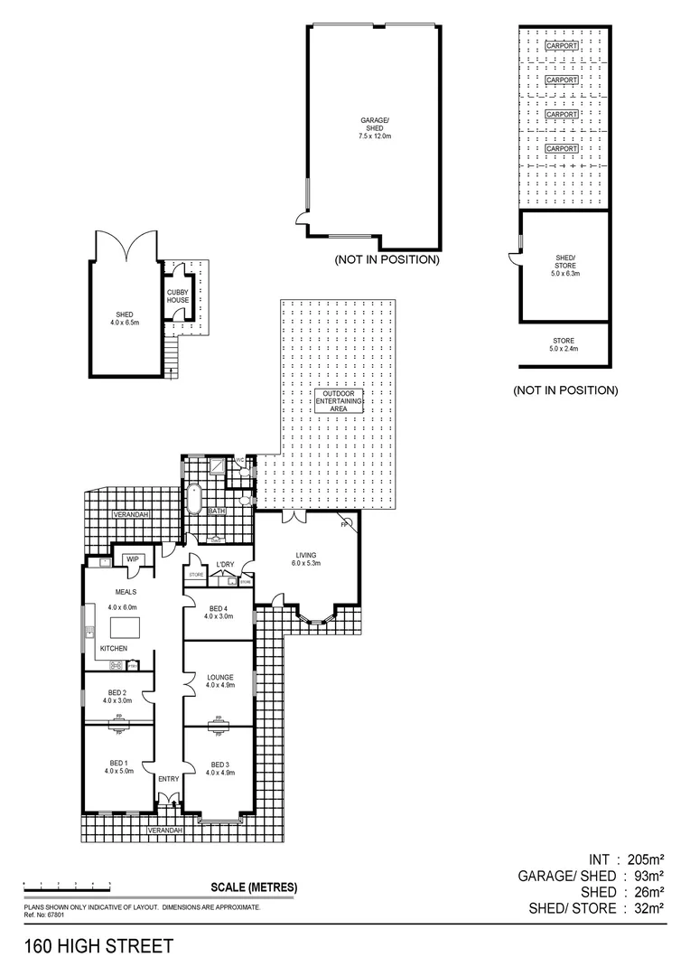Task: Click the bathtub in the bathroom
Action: (x=193, y=499)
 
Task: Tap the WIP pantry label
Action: (x=132, y=558)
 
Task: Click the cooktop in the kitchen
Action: (x=117, y=666)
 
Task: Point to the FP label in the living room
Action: (x=344, y=524)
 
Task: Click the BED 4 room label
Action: (x=218, y=608)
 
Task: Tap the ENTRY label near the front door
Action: (x=168, y=779)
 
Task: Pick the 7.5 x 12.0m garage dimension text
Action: (x=374, y=136)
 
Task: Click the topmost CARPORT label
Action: (x=561, y=45)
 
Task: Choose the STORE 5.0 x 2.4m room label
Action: (x=563, y=344)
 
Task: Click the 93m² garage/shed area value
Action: (x=648, y=876)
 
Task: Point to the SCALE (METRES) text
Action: (x=253, y=887)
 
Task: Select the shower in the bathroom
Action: (x=219, y=467)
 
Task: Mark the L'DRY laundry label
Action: (x=225, y=566)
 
